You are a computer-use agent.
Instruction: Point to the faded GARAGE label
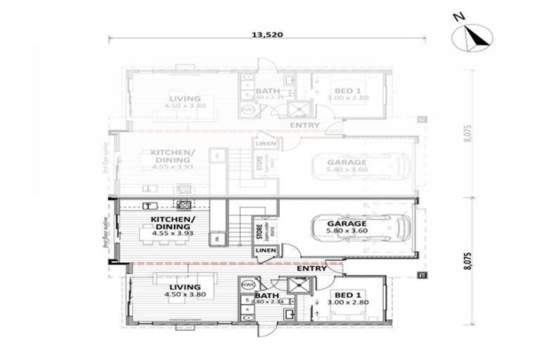346,162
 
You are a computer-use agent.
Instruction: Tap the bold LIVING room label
185,287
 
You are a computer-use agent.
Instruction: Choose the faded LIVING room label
185,98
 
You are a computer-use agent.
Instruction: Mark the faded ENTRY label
304,125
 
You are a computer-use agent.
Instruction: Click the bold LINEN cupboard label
266,250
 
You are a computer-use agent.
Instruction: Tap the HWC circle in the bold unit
247,285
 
